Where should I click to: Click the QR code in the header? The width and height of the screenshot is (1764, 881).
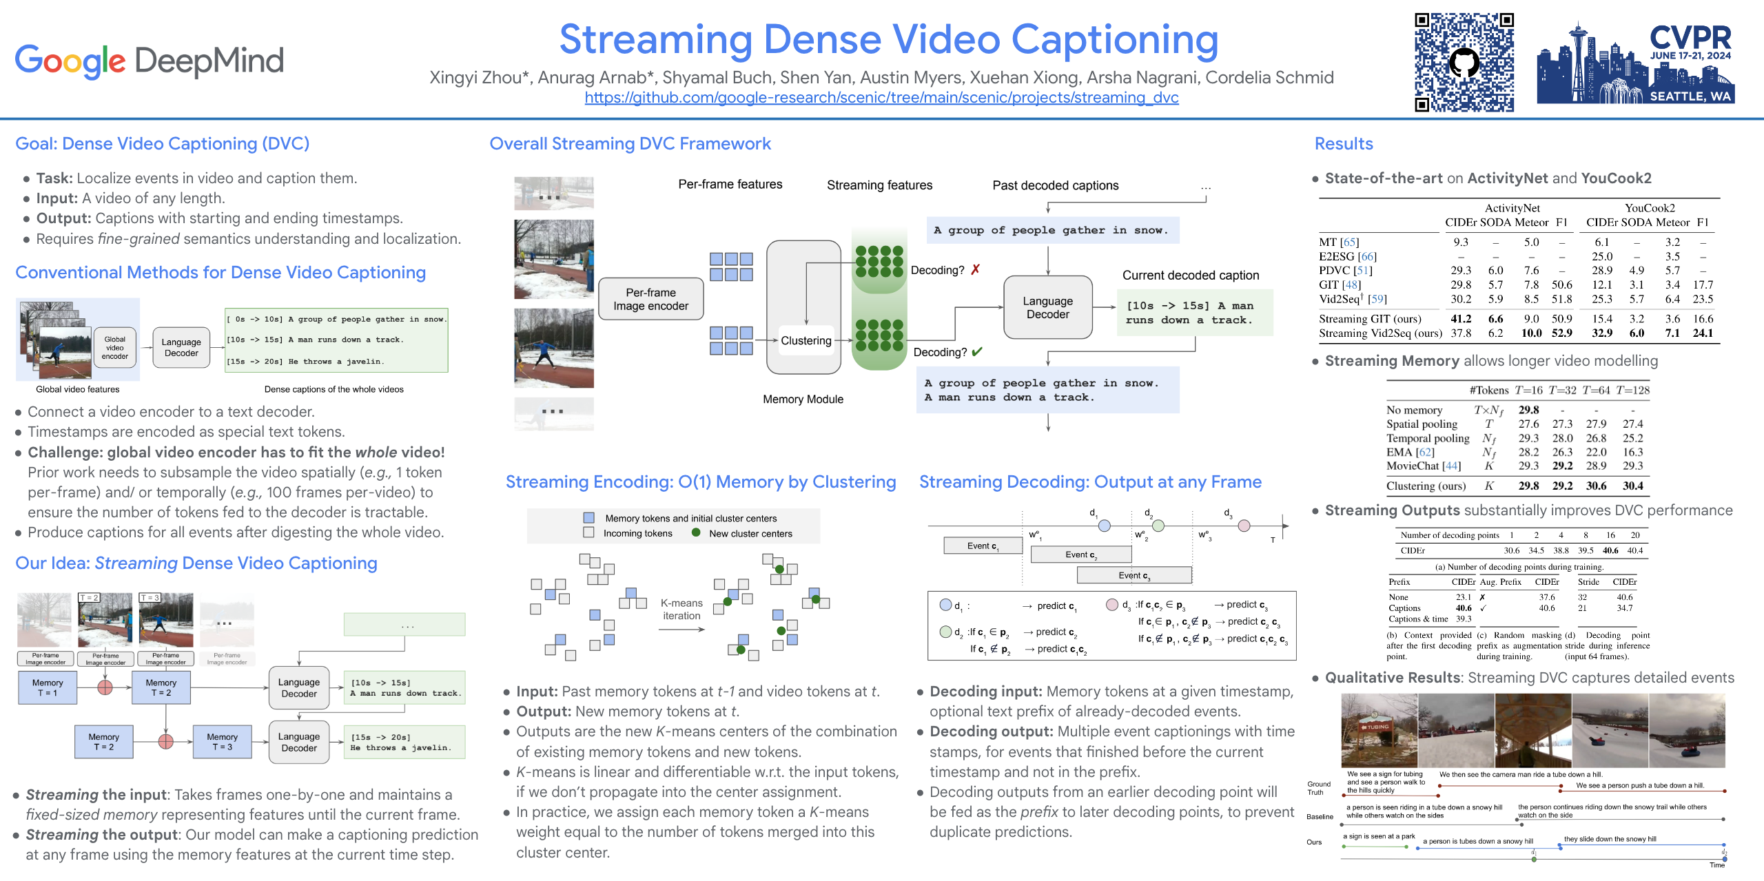click(1464, 62)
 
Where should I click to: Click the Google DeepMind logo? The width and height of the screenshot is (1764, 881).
click(149, 61)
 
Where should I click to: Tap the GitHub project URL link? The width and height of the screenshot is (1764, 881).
click(881, 98)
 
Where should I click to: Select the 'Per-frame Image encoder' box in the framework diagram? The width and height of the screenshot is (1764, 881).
click(650, 299)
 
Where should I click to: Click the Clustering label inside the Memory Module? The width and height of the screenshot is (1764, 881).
click(806, 340)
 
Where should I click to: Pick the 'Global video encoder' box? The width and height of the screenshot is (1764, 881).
click(114, 348)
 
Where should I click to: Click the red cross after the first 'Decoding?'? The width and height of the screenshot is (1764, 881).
click(976, 269)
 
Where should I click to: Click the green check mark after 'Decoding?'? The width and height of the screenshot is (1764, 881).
click(976, 352)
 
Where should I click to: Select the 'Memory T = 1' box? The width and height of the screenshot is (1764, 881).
click(48, 687)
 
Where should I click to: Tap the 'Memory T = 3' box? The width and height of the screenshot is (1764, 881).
click(222, 741)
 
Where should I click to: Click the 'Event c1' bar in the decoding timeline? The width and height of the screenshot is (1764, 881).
click(983, 546)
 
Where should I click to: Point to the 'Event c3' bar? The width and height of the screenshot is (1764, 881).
click(1134, 575)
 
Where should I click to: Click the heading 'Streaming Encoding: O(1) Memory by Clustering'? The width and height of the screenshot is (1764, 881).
click(701, 482)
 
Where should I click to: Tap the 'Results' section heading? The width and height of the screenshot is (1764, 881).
click(1343, 143)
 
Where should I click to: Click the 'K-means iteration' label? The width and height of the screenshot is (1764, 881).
click(681, 609)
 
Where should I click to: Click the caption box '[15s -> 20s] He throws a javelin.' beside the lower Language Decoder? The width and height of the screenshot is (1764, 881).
click(404, 742)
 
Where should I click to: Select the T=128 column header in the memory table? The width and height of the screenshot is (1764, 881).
click(1632, 390)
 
